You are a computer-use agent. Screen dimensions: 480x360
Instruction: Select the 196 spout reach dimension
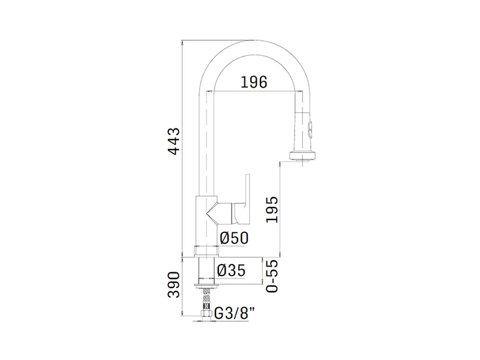click(x=254, y=82)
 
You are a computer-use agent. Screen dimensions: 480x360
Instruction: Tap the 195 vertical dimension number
click(x=272, y=209)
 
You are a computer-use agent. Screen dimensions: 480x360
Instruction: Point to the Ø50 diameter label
click(x=234, y=238)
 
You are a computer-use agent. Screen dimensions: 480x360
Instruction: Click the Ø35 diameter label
click(x=231, y=271)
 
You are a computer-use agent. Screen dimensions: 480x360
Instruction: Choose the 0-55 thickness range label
click(x=272, y=276)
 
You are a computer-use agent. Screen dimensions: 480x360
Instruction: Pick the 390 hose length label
click(x=174, y=284)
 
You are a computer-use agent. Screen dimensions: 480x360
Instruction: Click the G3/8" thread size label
click(x=235, y=313)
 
